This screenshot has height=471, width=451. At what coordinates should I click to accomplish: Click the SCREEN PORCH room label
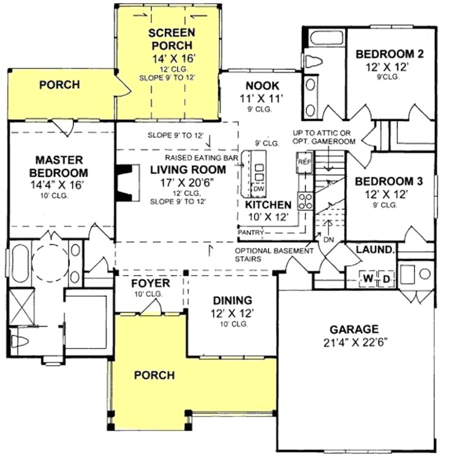pos(172,39)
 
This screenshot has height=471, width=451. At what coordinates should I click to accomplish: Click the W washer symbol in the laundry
pos(368,279)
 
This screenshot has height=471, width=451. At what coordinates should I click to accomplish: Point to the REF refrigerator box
pos(304,161)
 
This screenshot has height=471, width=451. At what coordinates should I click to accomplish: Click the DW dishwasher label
pos(259,189)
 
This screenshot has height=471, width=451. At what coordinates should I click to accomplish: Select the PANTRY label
pos(251,233)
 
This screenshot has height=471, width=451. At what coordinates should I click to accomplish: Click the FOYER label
pos(151,284)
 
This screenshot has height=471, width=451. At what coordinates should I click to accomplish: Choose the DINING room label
pos(232,300)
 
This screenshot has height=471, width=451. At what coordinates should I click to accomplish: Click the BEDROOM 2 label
pos(390,54)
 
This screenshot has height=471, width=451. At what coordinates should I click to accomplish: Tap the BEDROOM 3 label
pos(390,181)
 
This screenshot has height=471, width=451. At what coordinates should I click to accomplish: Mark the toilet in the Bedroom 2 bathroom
pos(315,60)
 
